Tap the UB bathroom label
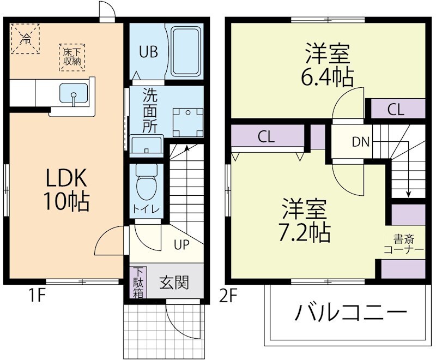click(148, 52)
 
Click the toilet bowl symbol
click(146, 185)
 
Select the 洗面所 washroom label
click(149, 111)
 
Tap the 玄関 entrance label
click(174, 283)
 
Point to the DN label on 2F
click(360, 142)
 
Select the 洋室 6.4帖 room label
click(327, 66)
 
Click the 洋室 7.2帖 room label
click(305, 221)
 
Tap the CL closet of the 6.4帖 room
click(396, 109)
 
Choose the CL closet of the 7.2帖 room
click(266, 136)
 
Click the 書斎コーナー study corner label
click(403, 244)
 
